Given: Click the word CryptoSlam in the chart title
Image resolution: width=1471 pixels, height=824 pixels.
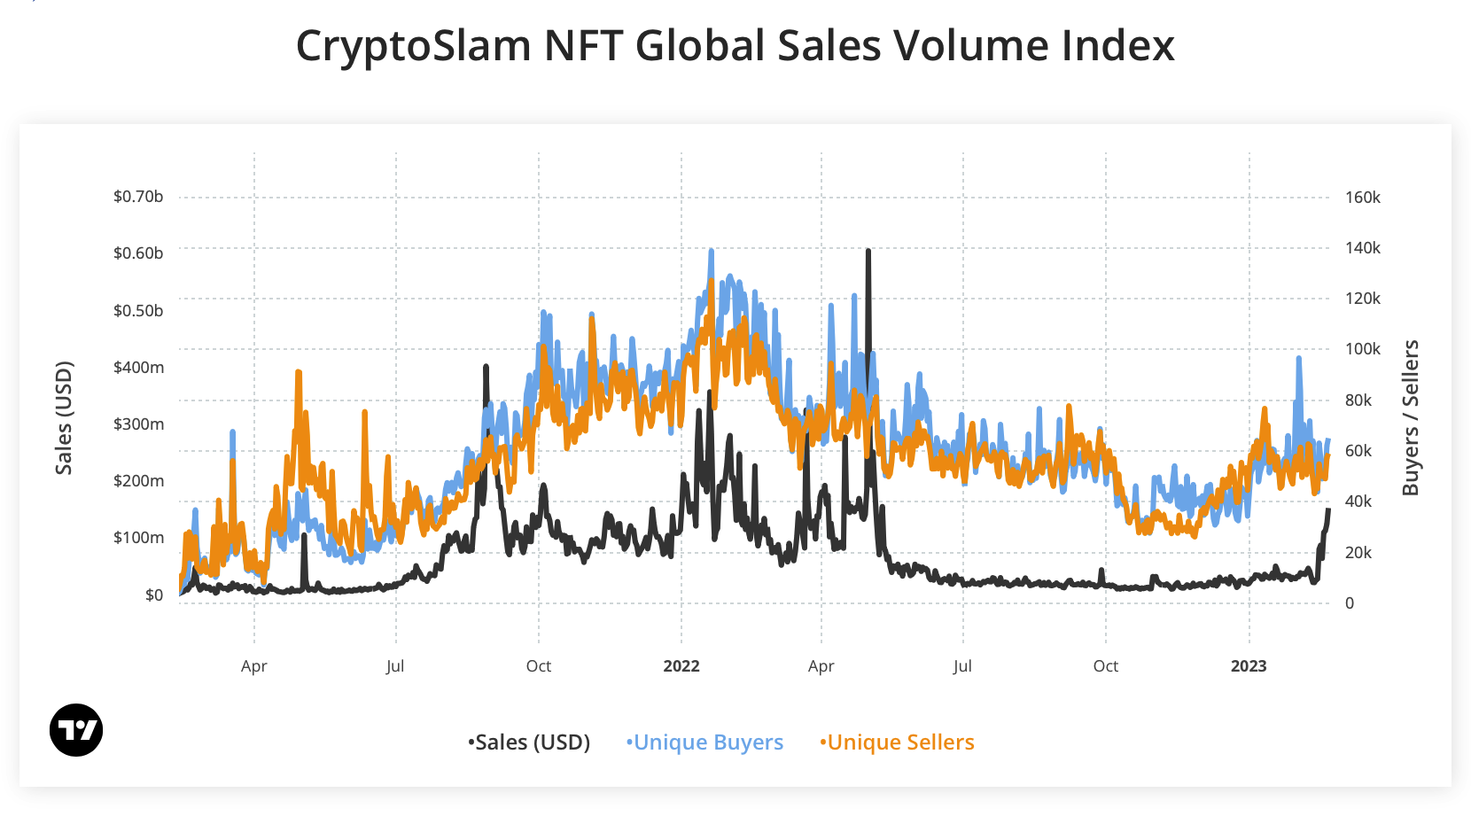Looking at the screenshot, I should (x=413, y=46).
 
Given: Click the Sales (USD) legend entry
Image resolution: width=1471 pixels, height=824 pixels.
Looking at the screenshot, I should (x=530, y=742).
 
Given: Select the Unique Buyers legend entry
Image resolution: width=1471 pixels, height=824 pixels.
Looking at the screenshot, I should (x=705, y=742).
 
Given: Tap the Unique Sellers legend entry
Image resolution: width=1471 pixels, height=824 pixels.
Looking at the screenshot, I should (x=898, y=742).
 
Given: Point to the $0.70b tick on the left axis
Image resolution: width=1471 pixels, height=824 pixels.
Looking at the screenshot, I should (x=138, y=197).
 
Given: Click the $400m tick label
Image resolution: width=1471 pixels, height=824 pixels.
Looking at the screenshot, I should (x=138, y=367).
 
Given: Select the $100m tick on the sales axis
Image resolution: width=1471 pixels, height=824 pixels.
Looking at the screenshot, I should (x=138, y=538).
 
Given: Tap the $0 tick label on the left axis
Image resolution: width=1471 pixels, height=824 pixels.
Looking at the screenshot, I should (x=154, y=595).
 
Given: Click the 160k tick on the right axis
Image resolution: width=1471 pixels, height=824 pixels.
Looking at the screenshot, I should (x=1362, y=198).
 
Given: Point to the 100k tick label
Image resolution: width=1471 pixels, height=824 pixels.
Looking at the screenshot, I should (x=1362, y=349).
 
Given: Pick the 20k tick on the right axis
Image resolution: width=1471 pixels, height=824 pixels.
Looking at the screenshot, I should (x=1358, y=553).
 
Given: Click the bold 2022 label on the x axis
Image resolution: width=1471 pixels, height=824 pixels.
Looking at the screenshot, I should (x=681, y=666).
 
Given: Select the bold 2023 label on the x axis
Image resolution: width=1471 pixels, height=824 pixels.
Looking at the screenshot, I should (x=1249, y=666).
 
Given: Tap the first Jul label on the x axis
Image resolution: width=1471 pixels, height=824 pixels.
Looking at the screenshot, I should (x=395, y=666).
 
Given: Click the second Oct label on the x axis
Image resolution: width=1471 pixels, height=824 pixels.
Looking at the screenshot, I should (x=1106, y=666).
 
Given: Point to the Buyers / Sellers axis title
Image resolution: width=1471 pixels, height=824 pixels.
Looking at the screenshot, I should (x=1410, y=417).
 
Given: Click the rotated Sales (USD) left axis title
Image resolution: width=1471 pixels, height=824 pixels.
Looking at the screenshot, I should (x=64, y=417).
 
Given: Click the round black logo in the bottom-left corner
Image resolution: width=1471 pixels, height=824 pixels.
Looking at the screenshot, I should (x=76, y=730).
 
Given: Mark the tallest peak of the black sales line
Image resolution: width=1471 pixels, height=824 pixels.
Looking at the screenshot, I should (x=868, y=252).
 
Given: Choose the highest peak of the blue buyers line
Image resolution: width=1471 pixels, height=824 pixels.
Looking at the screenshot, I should (x=711, y=252).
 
